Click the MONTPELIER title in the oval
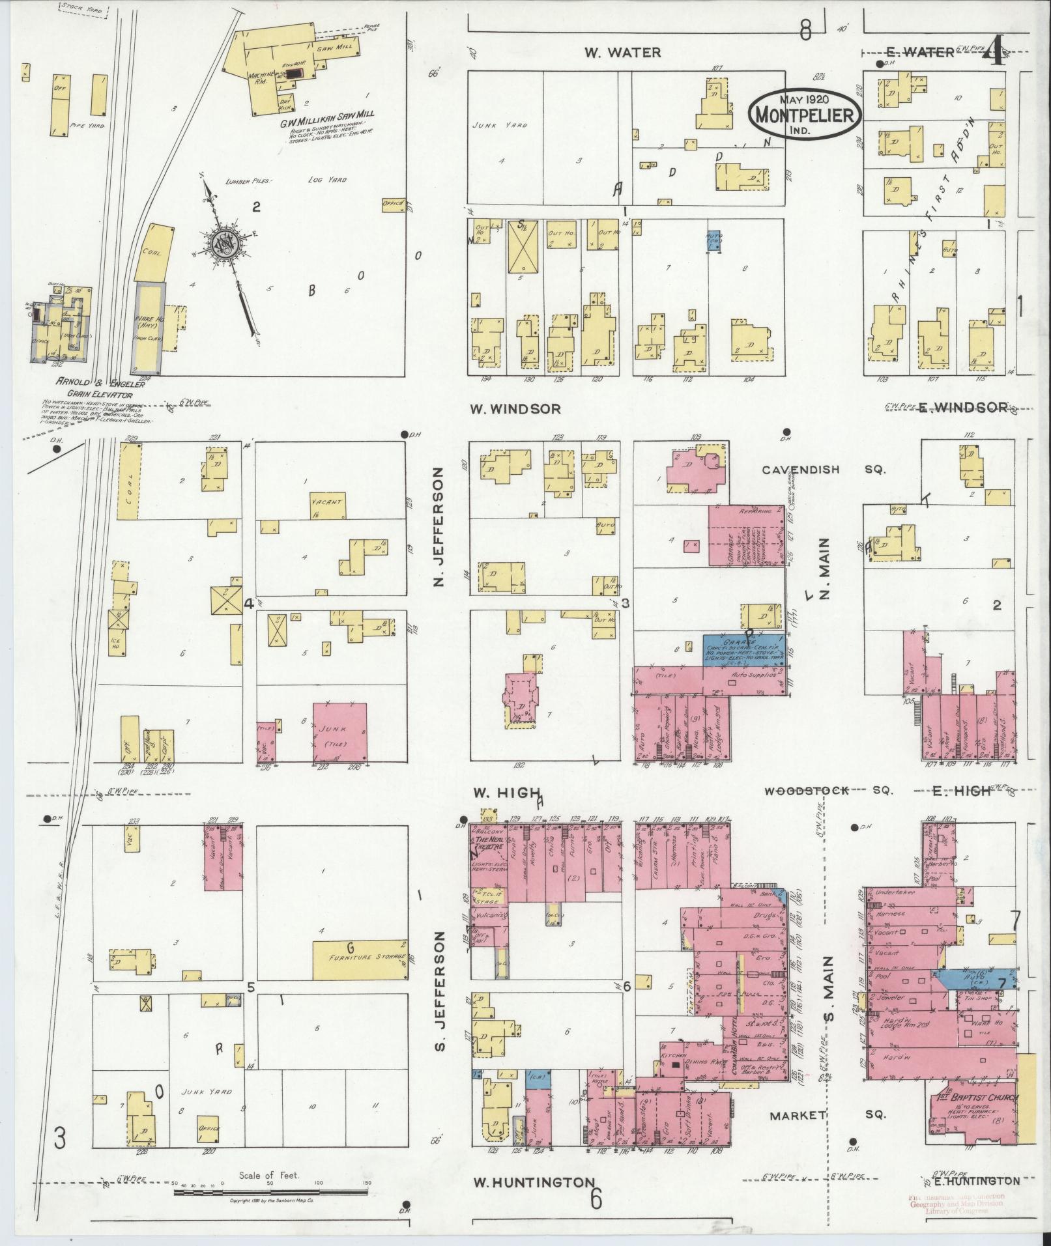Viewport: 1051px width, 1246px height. coord(805,115)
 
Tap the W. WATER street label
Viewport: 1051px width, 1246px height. coord(622,53)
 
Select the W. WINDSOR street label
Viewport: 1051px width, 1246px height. coord(515,409)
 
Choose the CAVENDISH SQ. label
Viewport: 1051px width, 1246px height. coord(824,470)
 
